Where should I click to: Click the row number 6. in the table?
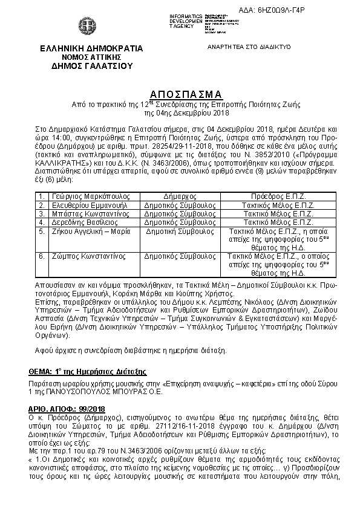[41, 256]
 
